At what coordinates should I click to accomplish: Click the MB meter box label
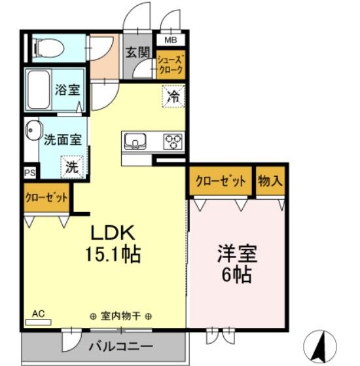coord(170,39)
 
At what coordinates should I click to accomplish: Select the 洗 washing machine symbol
coord(71,166)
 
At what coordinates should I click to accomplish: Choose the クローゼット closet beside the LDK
coord(46,198)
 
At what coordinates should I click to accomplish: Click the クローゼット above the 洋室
coord(220,181)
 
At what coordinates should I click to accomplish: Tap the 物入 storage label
coord(270,181)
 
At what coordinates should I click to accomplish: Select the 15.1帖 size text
coord(112,254)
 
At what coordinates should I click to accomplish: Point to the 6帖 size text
coord(236,276)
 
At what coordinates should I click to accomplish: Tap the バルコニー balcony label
coord(120,346)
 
